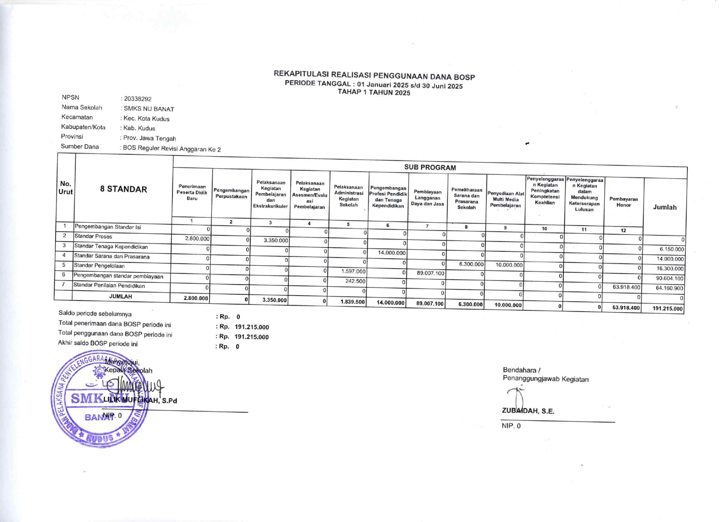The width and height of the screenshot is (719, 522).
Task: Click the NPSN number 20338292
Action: [138, 99]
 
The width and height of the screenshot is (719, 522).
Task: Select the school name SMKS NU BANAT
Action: [149, 109]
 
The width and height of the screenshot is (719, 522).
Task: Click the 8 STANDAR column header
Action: [123, 189]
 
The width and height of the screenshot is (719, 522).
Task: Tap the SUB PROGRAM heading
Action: [430, 167]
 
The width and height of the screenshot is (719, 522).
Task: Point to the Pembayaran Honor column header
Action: [624, 202]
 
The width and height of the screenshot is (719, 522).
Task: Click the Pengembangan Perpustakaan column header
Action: [231, 194]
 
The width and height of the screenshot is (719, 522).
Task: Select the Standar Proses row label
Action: [93, 237]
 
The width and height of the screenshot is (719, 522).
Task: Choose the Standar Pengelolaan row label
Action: [99, 266]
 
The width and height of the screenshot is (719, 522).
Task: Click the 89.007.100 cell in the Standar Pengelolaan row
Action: [430, 273]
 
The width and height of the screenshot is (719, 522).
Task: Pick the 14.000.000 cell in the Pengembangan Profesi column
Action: [392, 253]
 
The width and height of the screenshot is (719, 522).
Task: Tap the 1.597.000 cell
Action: [353, 271]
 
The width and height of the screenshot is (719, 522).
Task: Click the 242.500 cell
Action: [355, 281]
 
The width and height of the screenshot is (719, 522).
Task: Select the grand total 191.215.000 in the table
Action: [667, 309]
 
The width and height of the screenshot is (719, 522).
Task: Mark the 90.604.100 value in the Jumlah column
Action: [669, 278]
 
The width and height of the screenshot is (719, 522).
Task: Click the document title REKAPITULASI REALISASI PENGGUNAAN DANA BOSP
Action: [374, 75]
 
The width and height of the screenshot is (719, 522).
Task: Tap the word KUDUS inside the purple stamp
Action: [99, 438]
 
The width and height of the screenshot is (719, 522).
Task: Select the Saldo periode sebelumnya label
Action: [95, 314]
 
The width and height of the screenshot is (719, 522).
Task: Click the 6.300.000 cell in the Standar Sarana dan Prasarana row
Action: [471, 264]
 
